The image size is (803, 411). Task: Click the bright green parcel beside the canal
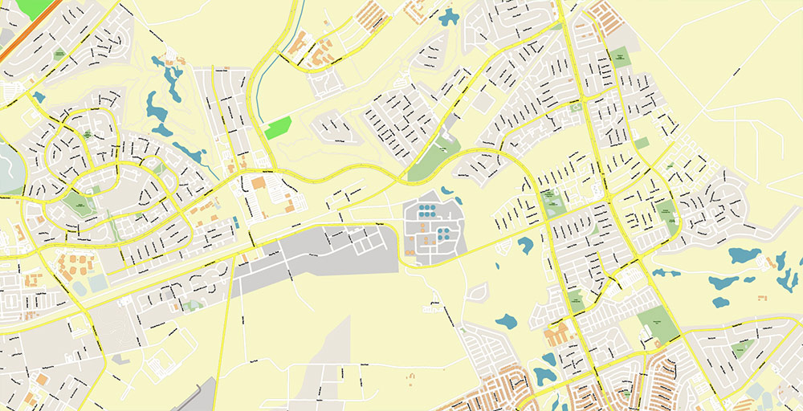tap(278, 128)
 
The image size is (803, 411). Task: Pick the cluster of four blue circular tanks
tap(442, 234)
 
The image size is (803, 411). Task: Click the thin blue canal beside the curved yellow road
tap(263, 96)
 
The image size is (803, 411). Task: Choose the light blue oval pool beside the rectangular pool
tap(79, 287)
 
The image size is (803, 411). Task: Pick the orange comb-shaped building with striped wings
tap(373, 14)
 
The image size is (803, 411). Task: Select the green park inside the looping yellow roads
tap(77, 201)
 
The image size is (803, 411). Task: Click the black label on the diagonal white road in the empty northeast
tap(737, 73)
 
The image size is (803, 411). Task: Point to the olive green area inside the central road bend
tap(434, 157)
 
